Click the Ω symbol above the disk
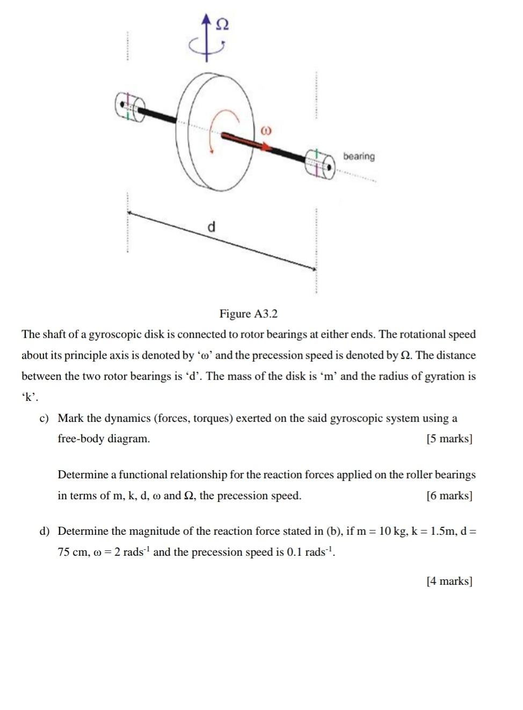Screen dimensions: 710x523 click(x=222, y=25)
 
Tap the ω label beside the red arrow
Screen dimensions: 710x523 click(x=266, y=131)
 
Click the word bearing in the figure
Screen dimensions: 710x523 click(x=359, y=156)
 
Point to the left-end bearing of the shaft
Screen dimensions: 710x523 click(x=129, y=106)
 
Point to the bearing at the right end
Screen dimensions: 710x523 click(x=321, y=163)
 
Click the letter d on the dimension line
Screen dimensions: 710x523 click(x=212, y=226)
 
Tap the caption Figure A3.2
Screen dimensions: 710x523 click(x=248, y=314)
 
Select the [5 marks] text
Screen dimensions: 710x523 click(x=449, y=439)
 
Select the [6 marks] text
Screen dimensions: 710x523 click(x=449, y=496)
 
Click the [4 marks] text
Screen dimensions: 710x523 click(x=449, y=582)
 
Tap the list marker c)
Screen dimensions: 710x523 click(x=44, y=419)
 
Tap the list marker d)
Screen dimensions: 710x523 click(x=44, y=532)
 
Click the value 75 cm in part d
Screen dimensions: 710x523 click(x=71, y=553)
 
